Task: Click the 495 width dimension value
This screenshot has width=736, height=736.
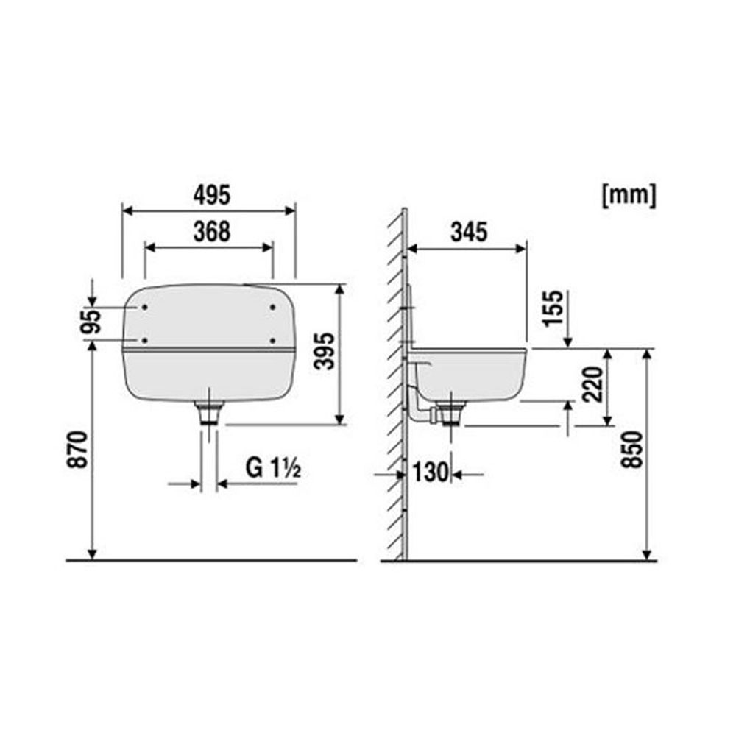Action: coord(212,195)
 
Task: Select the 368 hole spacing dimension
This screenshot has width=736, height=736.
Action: coord(212,232)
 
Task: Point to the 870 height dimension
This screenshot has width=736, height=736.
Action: coord(77,449)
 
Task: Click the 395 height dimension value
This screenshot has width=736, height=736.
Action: coord(325,351)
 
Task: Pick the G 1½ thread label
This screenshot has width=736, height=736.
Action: coord(273,467)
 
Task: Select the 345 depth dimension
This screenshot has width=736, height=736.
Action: coord(469,232)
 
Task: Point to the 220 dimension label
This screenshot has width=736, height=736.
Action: coord(592,385)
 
